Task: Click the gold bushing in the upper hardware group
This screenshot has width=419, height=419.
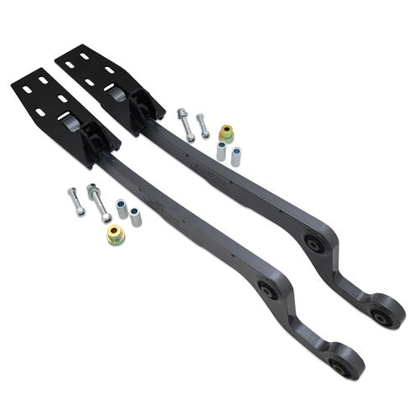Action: coord(226,132)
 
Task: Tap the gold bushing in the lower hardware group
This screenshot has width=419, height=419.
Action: coord(116,235)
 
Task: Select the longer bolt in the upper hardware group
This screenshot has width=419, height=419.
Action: coord(185,123)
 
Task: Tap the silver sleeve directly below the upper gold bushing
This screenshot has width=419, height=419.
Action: coord(221,151)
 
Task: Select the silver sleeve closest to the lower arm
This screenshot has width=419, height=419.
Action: coord(135,216)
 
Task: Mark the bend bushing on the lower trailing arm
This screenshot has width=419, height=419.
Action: coord(268,292)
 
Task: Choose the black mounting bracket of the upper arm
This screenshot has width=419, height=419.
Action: coord(105,75)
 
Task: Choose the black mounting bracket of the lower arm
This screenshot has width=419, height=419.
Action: coord(46,105)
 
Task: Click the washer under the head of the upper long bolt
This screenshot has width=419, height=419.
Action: coord(182,113)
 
